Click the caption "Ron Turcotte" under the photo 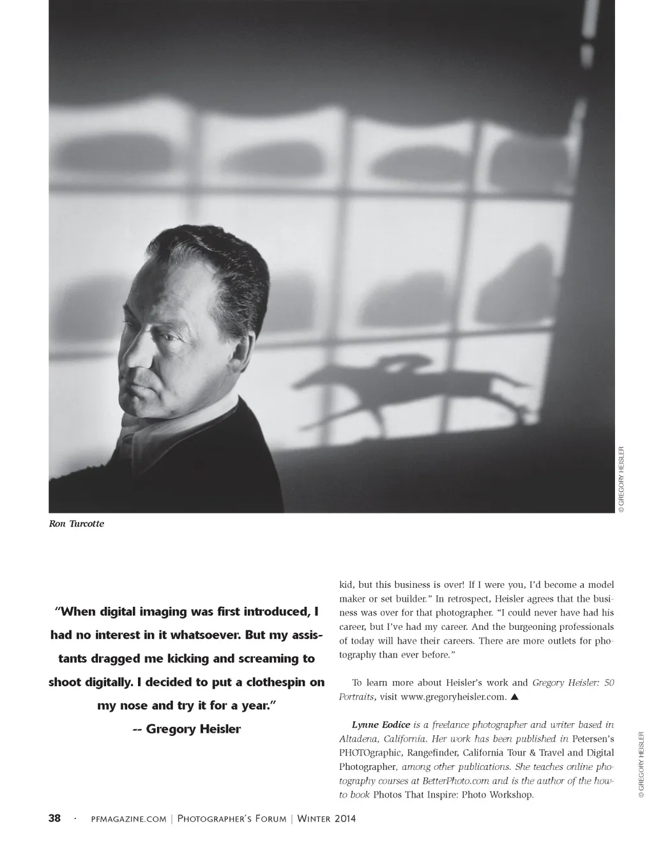point(77,524)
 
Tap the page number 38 point(55,818)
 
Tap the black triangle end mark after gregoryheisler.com point(514,697)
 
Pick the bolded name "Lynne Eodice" point(381,724)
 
